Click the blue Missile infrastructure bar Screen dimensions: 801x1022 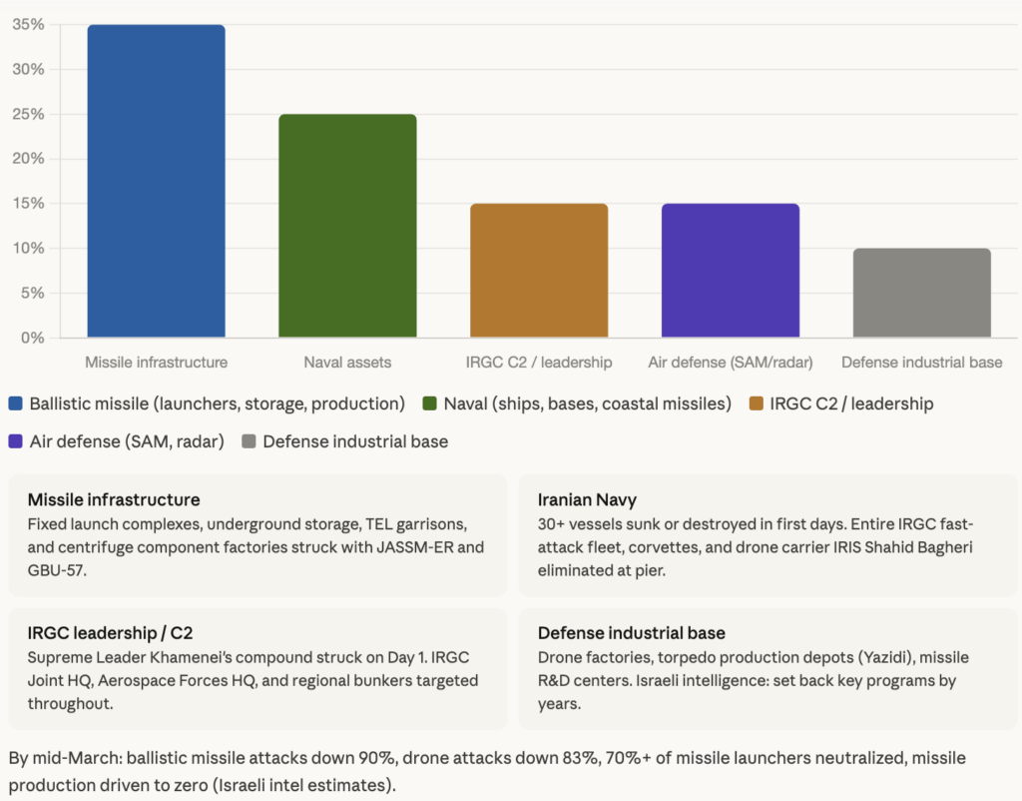point(156,181)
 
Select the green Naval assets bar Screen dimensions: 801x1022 point(347,226)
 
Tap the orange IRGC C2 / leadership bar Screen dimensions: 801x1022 point(539,271)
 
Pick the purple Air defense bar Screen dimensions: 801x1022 point(731,271)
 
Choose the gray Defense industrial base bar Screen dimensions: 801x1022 point(922,293)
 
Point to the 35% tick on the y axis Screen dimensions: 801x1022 point(28,25)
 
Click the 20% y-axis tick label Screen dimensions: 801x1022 point(28,159)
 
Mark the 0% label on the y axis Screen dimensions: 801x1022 point(32,338)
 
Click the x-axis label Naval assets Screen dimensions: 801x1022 point(347,363)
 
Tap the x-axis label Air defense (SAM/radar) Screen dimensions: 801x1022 point(731,363)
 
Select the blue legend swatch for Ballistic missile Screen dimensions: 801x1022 point(16,404)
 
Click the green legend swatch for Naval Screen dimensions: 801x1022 point(430,404)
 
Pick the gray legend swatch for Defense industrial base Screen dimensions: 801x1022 point(250,441)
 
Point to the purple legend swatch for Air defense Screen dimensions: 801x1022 point(16,441)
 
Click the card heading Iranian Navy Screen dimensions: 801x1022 point(587,499)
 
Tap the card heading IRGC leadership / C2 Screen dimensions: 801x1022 point(110,633)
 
